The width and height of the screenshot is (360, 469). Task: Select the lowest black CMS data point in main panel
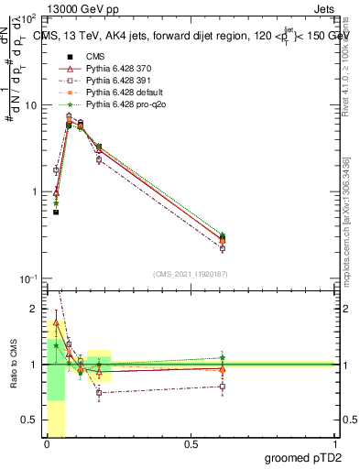[56, 212]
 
